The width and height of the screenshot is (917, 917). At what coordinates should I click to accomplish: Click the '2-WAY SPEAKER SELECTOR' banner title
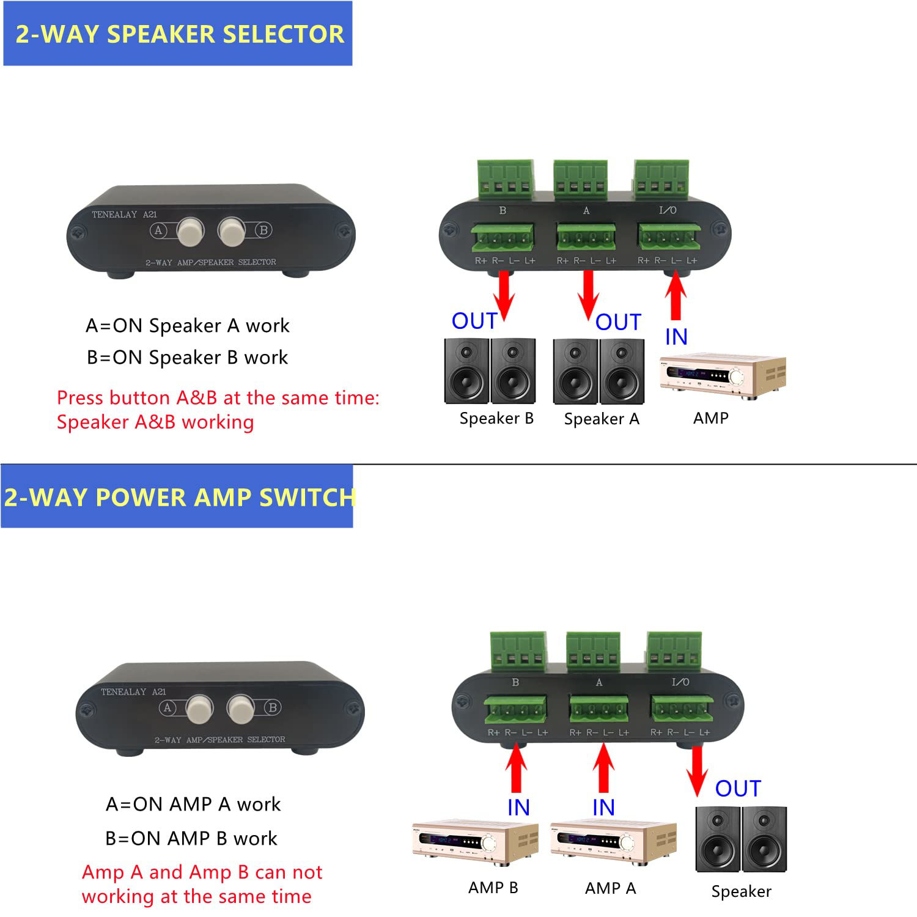(x=179, y=34)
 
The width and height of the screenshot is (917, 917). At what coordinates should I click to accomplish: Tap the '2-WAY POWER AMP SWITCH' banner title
(x=179, y=497)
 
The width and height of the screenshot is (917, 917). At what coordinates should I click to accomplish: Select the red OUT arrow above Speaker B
(x=504, y=295)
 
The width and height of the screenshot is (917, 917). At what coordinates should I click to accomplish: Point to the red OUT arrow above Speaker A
(x=588, y=295)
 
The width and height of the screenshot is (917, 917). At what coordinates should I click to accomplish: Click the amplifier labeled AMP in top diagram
(x=723, y=375)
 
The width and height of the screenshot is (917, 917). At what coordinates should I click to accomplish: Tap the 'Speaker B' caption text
(x=496, y=419)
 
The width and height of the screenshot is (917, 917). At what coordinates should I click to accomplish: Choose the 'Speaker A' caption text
(x=602, y=419)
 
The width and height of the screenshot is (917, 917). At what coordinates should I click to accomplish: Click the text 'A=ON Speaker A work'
(x=187, y=326)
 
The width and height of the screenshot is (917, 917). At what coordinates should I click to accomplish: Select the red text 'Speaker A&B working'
(x=155, y=422)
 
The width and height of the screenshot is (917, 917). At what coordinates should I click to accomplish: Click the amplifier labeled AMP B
(x=475, y=842)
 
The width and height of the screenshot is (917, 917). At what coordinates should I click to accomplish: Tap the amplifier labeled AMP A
(x=613, y=842)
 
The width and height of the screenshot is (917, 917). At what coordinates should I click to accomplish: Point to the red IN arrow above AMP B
(x=517, y=769)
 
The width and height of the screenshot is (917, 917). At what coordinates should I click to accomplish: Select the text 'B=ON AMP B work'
(x=191, y=838)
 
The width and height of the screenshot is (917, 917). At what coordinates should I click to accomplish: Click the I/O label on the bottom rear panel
(x=680, y=682)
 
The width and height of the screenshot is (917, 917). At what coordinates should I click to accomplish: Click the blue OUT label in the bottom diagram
(x=738, y=789)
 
